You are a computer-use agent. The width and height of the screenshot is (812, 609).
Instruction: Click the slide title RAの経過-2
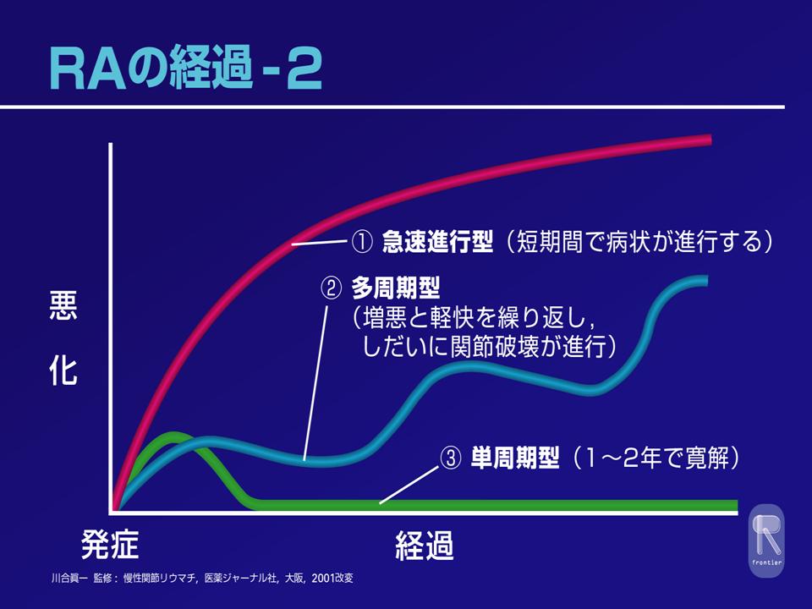(186, 68)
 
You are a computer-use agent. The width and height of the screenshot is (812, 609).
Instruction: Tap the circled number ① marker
(361, 242)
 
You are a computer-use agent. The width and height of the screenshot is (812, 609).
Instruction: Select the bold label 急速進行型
(437, 242)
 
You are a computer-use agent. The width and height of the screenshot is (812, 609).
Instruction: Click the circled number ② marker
(332, 288)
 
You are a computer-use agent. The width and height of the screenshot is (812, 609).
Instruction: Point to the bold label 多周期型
(396, 288)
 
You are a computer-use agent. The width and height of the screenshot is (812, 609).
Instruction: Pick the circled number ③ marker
(450, 458)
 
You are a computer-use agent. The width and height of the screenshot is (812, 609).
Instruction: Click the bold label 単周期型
(515, 458)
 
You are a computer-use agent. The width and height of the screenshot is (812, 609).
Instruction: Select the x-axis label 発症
(110, 544)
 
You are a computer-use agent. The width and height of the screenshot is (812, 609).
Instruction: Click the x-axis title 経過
(425, 546)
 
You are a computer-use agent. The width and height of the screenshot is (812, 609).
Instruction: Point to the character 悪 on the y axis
(63, 305)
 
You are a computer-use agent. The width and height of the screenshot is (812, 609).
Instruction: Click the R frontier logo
(767, 540)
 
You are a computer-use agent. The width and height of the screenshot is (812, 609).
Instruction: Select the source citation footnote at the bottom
(202, 578)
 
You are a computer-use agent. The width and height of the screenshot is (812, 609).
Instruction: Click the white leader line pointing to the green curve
(409, 484)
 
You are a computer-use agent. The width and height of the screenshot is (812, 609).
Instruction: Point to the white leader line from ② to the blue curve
(315, 382)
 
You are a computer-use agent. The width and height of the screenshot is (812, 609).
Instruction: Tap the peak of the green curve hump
(173, 436)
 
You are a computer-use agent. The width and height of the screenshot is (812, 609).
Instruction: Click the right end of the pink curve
(710, 140)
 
